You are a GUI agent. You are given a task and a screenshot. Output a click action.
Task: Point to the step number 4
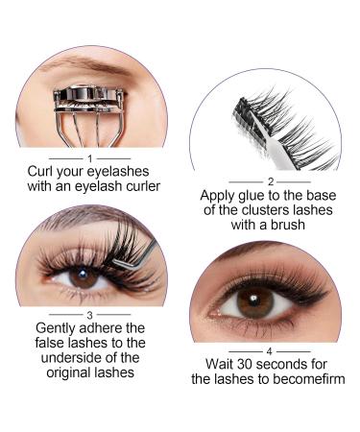(270, 349)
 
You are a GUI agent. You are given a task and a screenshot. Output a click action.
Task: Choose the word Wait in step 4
(223, 366)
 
